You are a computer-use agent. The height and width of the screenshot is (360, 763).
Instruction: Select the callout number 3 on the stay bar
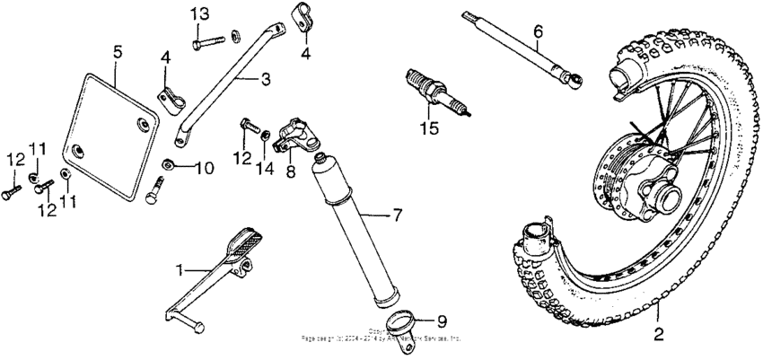coord(265,80)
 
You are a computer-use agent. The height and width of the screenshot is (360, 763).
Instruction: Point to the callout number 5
coord(118,52)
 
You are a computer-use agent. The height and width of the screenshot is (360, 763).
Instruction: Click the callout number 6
coord(538,33)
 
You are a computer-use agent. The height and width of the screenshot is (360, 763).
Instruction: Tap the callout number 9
coord(440,320)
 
